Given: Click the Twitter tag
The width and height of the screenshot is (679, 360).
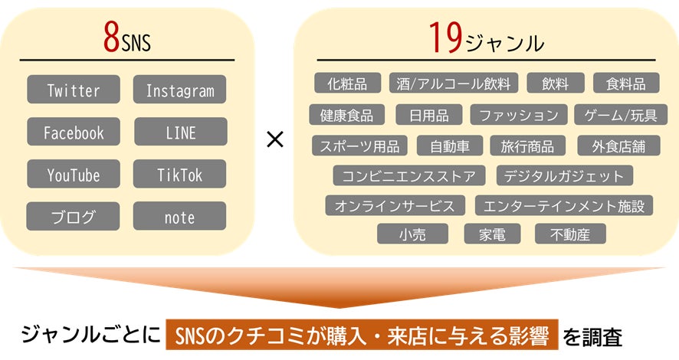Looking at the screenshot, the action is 74,90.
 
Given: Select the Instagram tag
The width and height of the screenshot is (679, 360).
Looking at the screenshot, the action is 180,90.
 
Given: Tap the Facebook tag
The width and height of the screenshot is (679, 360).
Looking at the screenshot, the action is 74,132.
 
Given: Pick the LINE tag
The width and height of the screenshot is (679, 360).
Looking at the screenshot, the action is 180,132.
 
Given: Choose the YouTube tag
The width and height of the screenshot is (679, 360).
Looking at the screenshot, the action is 74,174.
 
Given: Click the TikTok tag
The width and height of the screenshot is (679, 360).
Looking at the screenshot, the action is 180,174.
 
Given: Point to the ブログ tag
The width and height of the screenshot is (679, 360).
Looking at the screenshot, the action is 74,216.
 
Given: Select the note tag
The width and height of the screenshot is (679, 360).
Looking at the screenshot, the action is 180,216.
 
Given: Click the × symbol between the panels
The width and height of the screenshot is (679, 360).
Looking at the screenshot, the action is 274,139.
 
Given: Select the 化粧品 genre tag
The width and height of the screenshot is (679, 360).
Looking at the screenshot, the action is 347,83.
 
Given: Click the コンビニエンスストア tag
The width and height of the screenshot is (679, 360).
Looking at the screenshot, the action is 409,175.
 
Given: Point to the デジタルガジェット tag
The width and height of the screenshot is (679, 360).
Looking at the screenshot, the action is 565,175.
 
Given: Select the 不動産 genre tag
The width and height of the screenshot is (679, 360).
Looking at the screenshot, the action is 570,234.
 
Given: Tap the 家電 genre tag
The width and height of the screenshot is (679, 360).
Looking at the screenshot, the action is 491,234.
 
